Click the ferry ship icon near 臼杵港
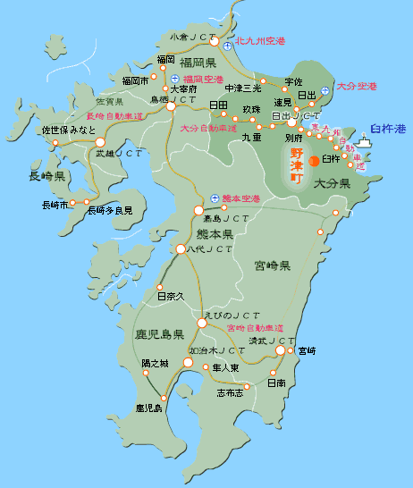[363, 142]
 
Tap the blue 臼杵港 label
[387, 130]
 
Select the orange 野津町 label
[297, 166]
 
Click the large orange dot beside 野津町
[314, 162]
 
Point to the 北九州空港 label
[260, 42]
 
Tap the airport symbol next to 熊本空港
[214, 198]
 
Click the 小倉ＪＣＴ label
[194, 38]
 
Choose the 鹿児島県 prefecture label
[159, 335]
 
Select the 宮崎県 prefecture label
[273, 266]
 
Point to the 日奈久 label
[169, 296]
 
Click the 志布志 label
[230, 392]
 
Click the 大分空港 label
[357, 87]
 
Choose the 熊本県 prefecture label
[215, 234]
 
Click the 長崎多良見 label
[109, 210]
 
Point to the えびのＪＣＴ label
[232, 316]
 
